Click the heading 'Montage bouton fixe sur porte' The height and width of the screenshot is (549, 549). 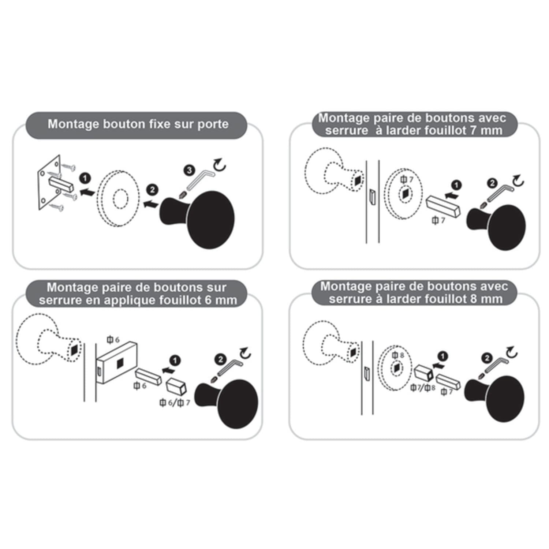(138, 124)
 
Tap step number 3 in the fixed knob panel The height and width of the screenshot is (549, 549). (189, 170)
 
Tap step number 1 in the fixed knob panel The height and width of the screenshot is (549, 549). (85, 179)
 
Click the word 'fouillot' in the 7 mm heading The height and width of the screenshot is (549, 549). (442, 131)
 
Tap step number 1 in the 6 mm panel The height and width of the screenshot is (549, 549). (176, 360)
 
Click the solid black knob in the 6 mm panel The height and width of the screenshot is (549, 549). (226, 403)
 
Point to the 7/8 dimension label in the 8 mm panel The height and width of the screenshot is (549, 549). (423, 387)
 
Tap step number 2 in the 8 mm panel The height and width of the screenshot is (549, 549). (487, 358)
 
